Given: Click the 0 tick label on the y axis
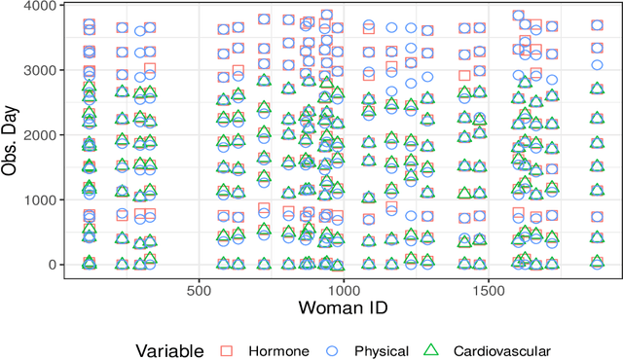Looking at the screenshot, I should click(x=54, y=265).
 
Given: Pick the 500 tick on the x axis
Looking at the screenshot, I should click(x=199, y=289).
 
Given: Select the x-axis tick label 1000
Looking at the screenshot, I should click(x=344, y=289).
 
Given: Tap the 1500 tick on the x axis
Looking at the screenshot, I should click(x=489, y=289).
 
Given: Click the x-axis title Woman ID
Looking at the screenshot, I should click(x=343, y=309).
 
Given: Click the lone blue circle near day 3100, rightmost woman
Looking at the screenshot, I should click(x=598, y=65).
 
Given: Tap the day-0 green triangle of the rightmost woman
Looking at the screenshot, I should click(x=598, y=262).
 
